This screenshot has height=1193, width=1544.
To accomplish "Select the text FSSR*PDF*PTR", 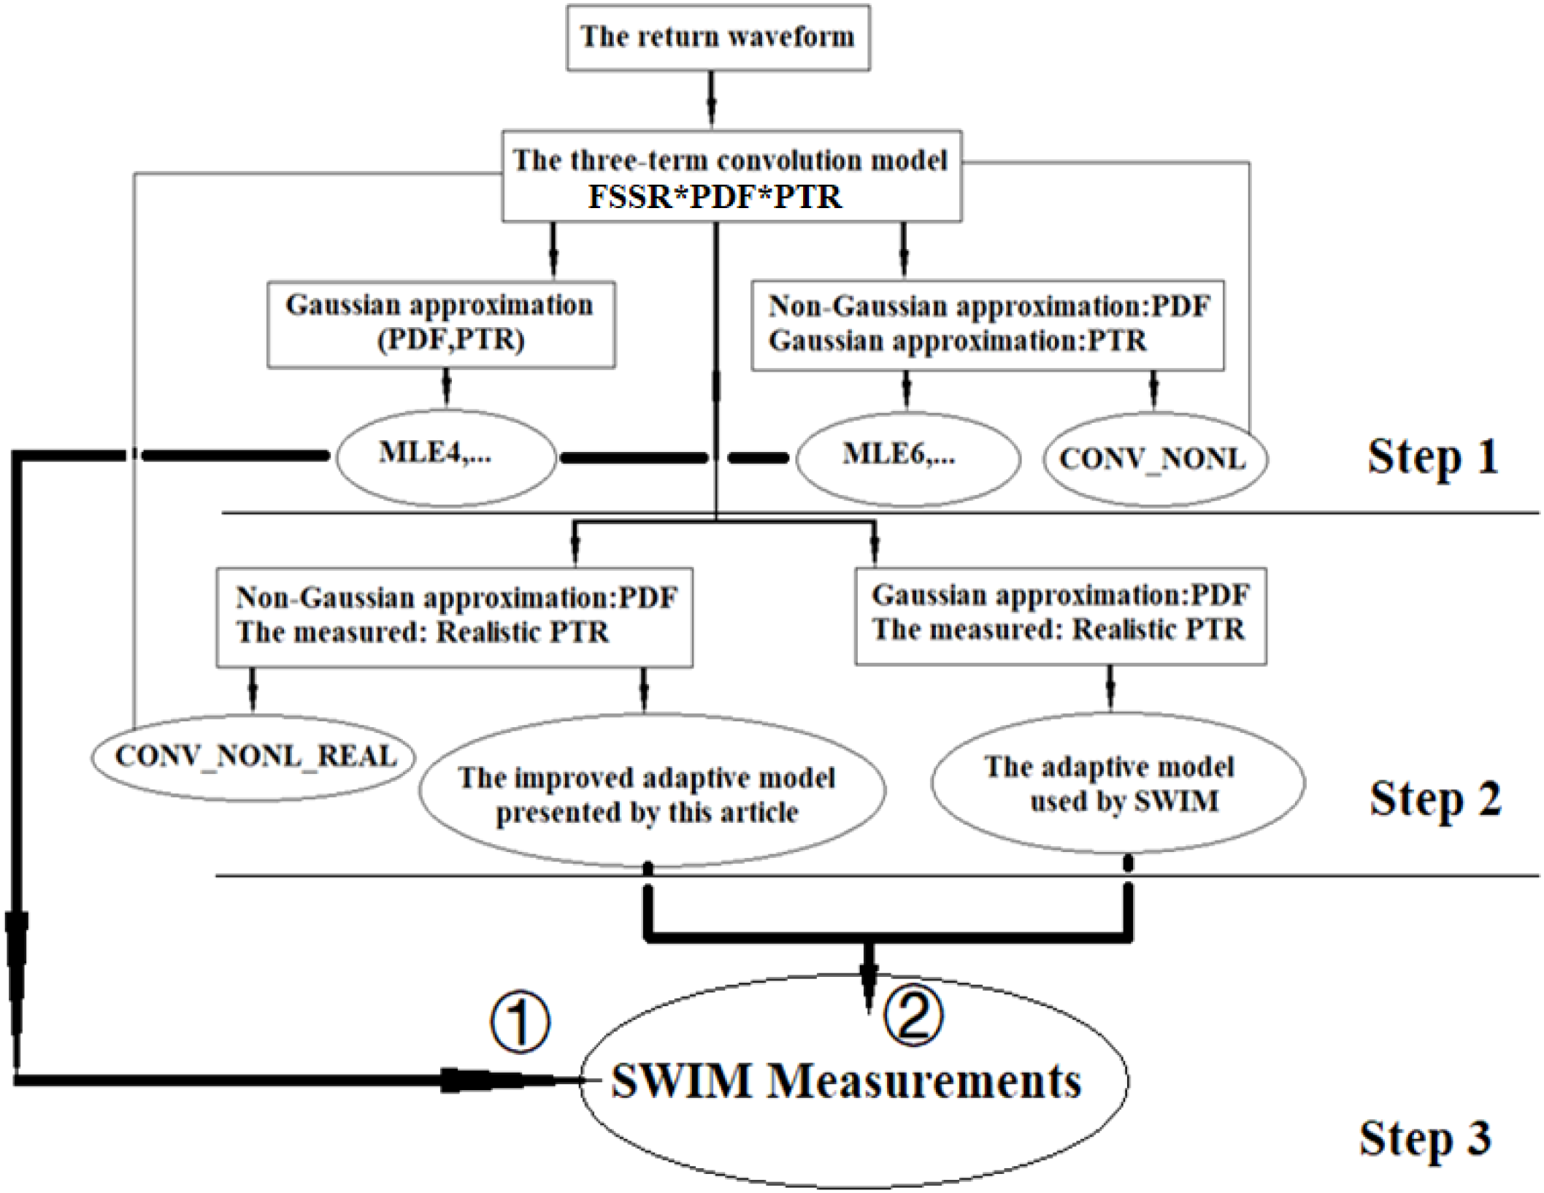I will click(x=715, y=197).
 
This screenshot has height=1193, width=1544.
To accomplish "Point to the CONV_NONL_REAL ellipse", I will click(x=254, y=757).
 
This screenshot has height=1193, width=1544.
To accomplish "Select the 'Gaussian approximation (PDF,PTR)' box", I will click(x=440, y=324).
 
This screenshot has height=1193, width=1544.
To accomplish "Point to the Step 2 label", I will click(x=1434, y=799).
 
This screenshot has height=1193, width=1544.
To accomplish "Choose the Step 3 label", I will click(x=1424, y=1139).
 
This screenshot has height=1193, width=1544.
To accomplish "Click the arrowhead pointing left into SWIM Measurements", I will click(x=467, y=1081).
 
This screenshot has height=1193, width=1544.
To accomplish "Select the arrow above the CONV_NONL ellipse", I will click(x=1153, y=391).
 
